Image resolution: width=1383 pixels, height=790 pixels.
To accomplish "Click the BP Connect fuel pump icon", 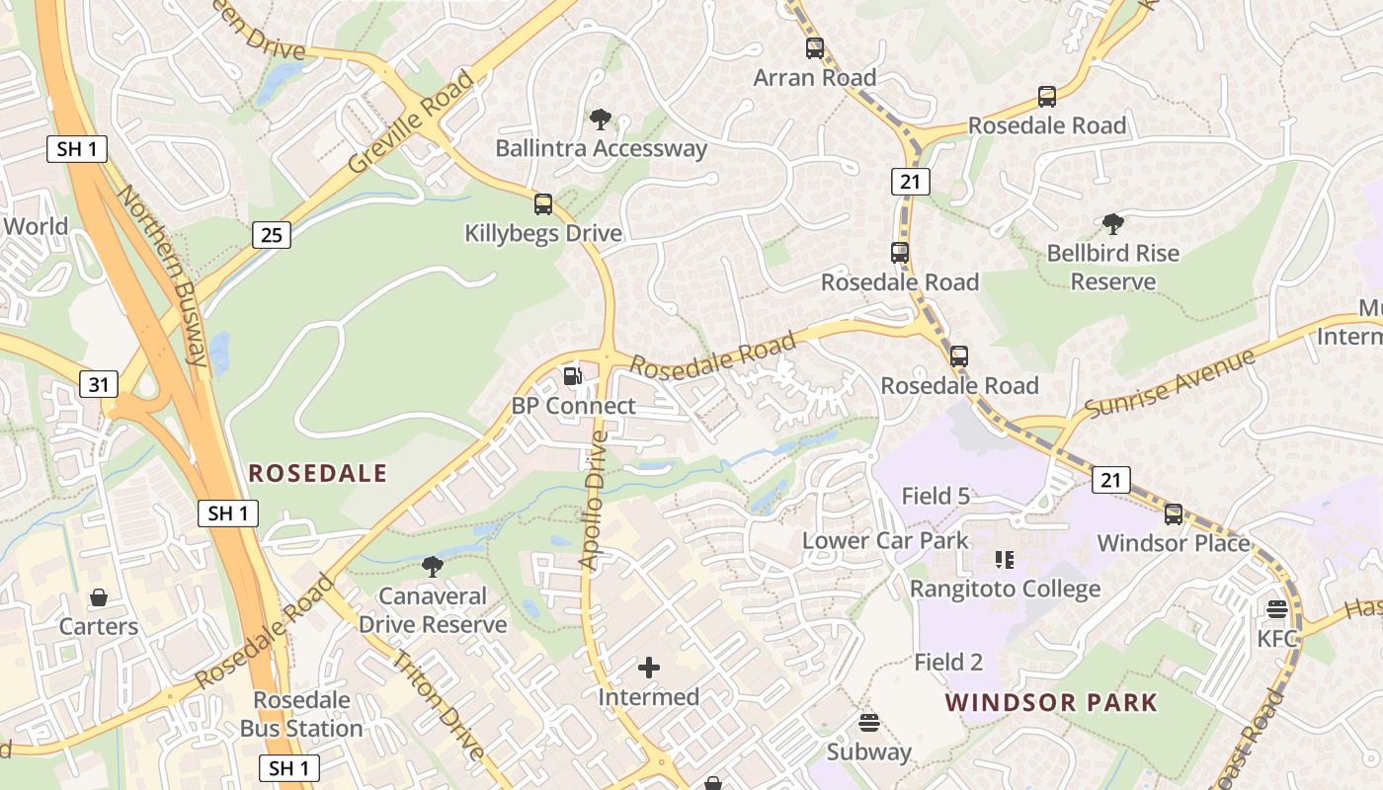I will (x=572, y=376).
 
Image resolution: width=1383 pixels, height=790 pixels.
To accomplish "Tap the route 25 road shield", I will (x=271, y=235).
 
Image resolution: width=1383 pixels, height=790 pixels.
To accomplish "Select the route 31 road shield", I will (x=97, y=384).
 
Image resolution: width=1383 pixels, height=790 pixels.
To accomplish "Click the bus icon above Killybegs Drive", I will (x=542, y=204).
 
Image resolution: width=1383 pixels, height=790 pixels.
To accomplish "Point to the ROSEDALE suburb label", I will (x=317, y=473).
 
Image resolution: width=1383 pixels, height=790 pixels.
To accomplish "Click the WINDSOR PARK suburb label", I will (x=1050, y=703).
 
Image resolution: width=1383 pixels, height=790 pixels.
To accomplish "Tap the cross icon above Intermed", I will (x=649, y=669).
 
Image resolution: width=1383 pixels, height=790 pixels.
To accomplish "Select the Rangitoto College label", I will (x=1005, y=590).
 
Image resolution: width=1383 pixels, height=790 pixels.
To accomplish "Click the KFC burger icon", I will (x=1277, y=609).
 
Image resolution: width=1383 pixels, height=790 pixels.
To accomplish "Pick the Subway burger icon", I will (x=869, y=723).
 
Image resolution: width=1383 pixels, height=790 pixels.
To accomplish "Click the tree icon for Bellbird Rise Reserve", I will (x=1112, y=224).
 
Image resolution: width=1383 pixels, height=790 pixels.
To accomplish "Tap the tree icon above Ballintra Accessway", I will (x=600, y=120).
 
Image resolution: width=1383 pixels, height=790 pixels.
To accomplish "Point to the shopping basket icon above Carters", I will (x=99, y=597).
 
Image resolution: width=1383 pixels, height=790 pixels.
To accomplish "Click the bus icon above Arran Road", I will (x=814, y=47).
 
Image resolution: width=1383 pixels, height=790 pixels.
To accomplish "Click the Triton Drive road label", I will (x=439, y=706).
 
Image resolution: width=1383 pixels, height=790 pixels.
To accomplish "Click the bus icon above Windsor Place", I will (x=1173, y=514).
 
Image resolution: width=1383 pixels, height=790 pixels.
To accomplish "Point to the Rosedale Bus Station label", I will (x=301, y=714).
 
